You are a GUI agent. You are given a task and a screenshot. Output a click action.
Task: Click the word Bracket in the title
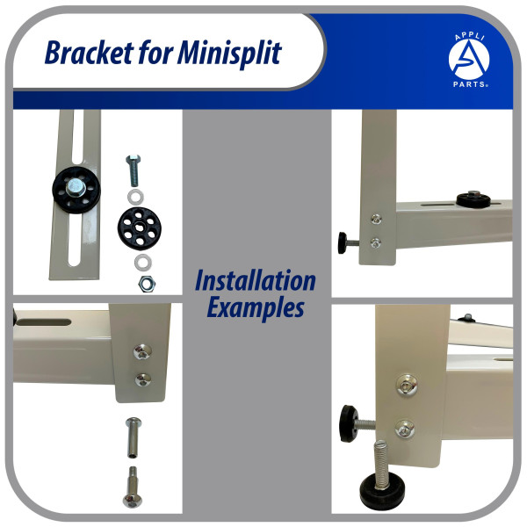click(x=89, y=53)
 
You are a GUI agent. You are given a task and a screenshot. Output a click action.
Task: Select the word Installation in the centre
click(x=256, y=280)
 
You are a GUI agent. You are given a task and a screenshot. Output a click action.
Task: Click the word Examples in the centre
click(x=256, y=307)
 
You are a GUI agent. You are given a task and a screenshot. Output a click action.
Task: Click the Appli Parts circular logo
click(x=470, y=61)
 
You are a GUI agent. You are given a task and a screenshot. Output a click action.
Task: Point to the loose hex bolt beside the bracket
click(x=134, y=170)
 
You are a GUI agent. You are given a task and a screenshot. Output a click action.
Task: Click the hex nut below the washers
click(x=147, y=284)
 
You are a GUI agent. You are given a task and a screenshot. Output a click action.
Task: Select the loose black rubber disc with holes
click(x=140, y=228)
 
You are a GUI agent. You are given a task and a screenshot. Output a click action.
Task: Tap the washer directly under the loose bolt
click(x=135, y=198)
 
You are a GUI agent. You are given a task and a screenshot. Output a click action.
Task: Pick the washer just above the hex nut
click(x=143, y=262)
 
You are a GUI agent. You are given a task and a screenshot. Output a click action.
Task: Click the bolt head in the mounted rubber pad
click(x=76, y=188)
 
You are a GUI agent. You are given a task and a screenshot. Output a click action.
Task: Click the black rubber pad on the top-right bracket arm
click(x=473, y=199)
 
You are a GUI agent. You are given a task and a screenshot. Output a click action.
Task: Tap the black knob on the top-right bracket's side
click(x=343, y=242)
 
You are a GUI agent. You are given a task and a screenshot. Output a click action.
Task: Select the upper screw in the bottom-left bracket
click(x=142, y=351)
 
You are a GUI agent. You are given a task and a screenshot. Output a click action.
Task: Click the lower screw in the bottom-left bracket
click(x=143, y=379)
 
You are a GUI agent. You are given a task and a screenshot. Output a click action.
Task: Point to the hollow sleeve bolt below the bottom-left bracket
click(x=134, y=437)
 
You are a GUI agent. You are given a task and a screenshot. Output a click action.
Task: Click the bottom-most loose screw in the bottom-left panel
click(x=133, y=487)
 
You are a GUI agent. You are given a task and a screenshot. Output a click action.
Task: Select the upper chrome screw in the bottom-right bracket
click(x=407, y=385)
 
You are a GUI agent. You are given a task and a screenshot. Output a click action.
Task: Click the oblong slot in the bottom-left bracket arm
click(x=44, y=322)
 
